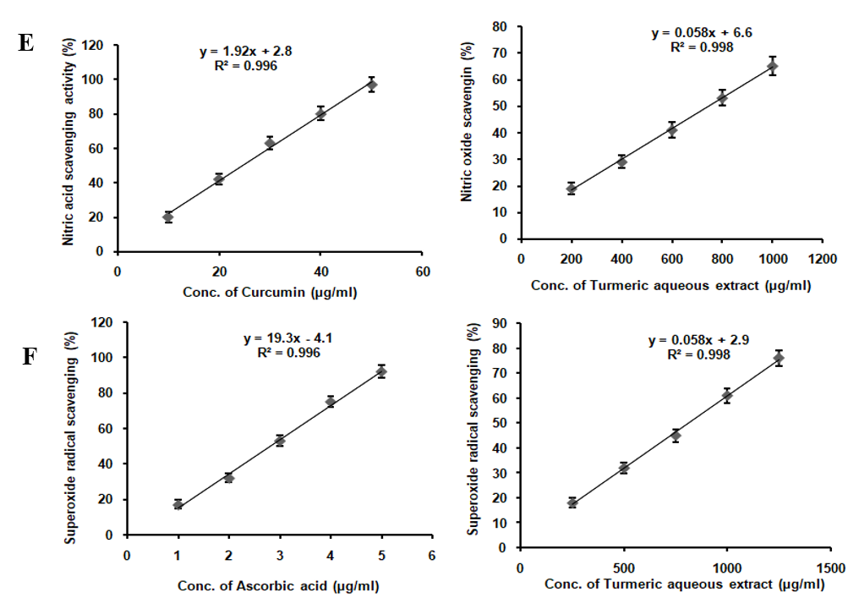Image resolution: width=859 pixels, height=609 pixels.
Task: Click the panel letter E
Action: point(26,43)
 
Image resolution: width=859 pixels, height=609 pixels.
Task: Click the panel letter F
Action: point(29,356)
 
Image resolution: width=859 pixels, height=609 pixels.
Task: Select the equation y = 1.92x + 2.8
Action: point(246,52)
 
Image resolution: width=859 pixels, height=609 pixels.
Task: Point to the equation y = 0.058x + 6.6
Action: point(702,33)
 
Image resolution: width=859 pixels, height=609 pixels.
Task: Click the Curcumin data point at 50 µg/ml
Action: point(371,85)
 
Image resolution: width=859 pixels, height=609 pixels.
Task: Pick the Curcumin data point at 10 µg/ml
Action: point(168,217)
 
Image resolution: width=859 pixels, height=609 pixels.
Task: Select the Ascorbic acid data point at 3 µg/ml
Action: point(280,441)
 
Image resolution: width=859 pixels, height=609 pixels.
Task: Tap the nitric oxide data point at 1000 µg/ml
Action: point(772,66)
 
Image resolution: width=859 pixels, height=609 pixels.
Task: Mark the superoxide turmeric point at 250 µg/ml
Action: point(572,502)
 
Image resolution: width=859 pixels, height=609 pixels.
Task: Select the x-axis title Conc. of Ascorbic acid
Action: point(277,585)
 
